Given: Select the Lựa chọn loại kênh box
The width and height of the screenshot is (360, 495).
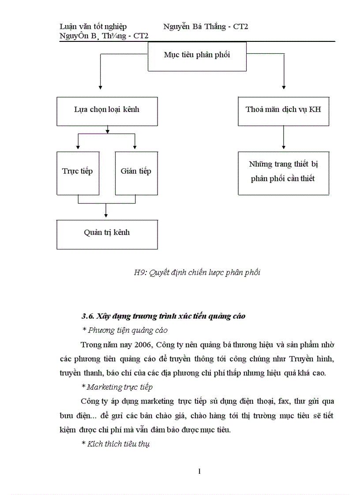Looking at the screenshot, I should pyautogui.click(x=107, y=110).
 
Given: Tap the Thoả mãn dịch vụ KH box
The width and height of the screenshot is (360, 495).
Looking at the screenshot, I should pyautogui.click(x=283, y=110).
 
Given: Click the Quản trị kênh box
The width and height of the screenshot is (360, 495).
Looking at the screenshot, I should pyautogui.click(x=107, y=233).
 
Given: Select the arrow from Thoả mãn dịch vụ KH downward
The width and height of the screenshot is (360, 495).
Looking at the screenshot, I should pyautogui.click(x=283, y=139).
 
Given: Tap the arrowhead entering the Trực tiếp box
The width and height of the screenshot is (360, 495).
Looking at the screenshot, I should pyautogui.click(x=78, y=147).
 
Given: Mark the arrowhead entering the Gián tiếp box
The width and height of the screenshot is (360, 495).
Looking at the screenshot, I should pyautogui.click(x=135, y=147).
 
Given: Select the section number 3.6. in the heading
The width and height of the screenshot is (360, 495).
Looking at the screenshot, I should pyautogui.click(x=88, y=316).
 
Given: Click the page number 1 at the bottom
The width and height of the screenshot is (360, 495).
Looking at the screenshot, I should pyautogui.click(x=199, y=472).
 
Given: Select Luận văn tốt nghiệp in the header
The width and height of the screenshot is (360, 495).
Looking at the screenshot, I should pyautogui.click(x=93, y=27).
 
